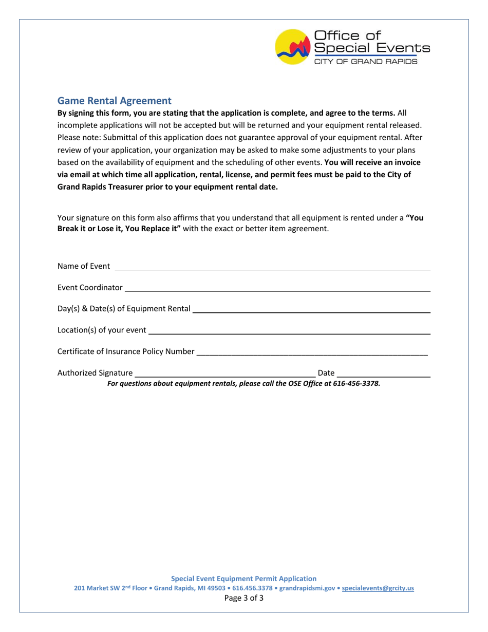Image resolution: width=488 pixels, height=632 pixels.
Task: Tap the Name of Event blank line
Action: [x=272, y=267]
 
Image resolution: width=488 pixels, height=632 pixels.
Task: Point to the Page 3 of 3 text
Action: [x=244, y=599]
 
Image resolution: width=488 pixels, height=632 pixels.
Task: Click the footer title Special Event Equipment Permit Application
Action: [x=243, y=579]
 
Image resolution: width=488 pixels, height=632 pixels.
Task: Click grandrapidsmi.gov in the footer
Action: [x=307, y=588]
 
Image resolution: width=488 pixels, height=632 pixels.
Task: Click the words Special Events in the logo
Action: [x=372, y=48]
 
